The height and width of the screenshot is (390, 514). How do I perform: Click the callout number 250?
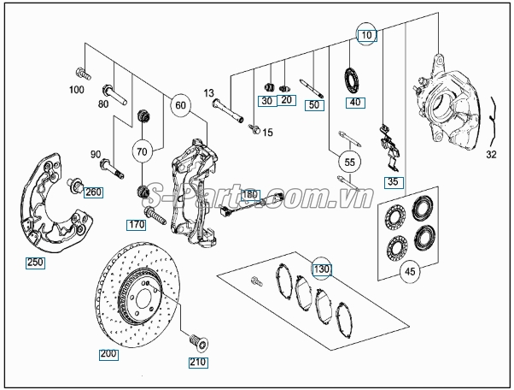click(x=35, y=263)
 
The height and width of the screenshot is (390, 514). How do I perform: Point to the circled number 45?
click(x=410, y=272)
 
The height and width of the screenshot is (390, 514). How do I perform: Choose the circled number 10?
click(x=365, y=36)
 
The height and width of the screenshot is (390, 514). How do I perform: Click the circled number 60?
click(x=179, y=105)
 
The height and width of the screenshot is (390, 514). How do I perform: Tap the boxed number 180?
click(x=249, y=194)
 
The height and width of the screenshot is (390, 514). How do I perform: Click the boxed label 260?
click(x=92, y=192)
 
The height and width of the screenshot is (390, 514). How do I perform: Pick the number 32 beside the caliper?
click(x=490, y=156)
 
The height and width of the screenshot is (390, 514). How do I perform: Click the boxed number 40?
click(x=353, y=103)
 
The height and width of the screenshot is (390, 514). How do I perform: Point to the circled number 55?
click(x=348, y=160)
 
